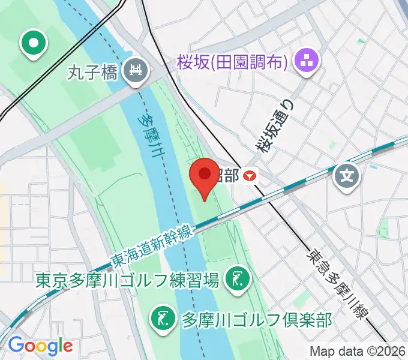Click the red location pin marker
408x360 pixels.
click(x=205, y=176)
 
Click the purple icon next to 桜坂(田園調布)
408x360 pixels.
click(x=310, y=60)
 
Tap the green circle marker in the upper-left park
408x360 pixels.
click(x=34, y=43)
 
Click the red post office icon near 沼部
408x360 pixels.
click(x=250, y=176)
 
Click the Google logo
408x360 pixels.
click(x=40, y=345)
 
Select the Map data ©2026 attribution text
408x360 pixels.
click(x=358, y=351)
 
